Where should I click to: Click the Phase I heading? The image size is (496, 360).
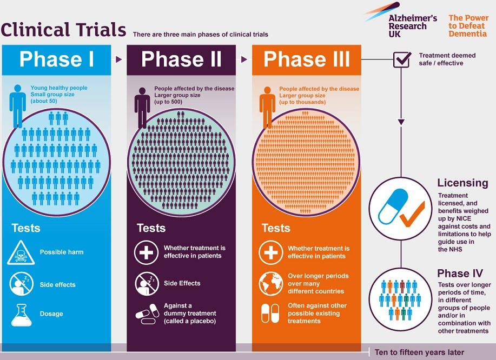pyautogui.click(x=57, y=59)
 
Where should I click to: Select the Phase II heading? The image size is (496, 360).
pyautogui.click(x=181, y=59)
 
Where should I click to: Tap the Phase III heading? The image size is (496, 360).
pyautogui.click(x=307, y=59)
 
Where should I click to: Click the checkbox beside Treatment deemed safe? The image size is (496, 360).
pyautogui.click(x=402, y=59)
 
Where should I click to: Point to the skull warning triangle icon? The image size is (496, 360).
pyautogui.click(x=21, y=252)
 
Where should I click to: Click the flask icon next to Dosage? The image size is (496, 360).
pyautogui.click(x=21, y=315)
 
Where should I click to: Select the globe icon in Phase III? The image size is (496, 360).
pyautogui.click(x=270, y=283)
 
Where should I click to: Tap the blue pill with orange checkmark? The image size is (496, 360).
pyautogui.click(x=401, y=209)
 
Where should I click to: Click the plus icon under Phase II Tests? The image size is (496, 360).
pyautogui.click(x=146, y=252)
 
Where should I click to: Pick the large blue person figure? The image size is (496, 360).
pyautogui.click(x=18, y=106)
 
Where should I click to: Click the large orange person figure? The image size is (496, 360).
pyautogui.click(x=268, y=108)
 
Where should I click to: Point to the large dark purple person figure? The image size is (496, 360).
pyautogui.click(x=142, y=108)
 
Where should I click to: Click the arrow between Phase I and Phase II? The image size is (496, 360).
pyautogui.click(x=118, y=59)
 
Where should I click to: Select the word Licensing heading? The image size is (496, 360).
pyautogui.click(x=463, y=183)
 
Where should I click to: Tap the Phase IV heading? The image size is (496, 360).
pyautogui.click(x=460, y=273)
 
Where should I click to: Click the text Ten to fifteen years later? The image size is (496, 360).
pyautogui.click(x=419, y=352)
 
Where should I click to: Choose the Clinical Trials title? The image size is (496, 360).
pyautogui.click(x=63, y=30)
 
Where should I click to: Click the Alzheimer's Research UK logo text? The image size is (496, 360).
pyautogui.click(x=413, y=26)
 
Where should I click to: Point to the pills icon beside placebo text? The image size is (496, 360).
pyautogui.click(x=148, y=314)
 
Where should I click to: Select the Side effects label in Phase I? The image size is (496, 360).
pyautogui.click(x=57, y=285)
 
